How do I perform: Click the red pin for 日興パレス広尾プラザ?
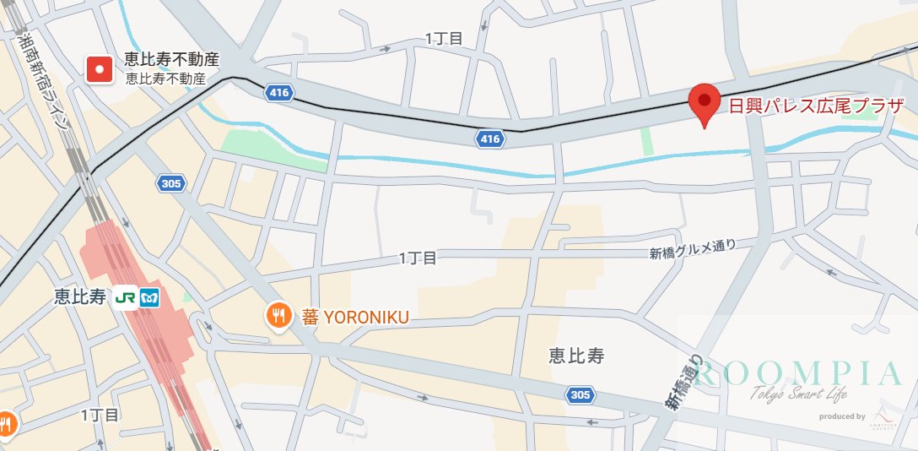click(x=705, y=104)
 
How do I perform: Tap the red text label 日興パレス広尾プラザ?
click(x=815, y=106)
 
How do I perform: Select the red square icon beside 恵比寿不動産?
click(x=100, y=69)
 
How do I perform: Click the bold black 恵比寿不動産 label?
click(x=171, y=60)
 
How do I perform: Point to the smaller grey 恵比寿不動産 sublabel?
click(x=165, y=79)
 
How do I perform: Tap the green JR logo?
click(x=127, y=297)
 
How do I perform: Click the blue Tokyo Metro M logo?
click(x=150, y=297)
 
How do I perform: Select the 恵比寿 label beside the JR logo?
click(x=79, y=297)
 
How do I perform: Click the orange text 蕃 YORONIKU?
click(x=355, y=317)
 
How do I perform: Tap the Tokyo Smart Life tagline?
click(x=798, y=395)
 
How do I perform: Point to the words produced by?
click(x=842, y=416)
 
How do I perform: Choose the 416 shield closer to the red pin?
click(x=489, y=139)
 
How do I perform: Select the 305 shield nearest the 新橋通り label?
click(x=580, y=394)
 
